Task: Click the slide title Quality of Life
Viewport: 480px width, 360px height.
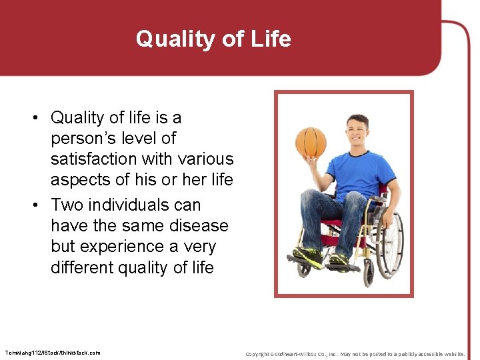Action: point(213,39)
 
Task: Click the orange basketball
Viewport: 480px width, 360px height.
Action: point(311,141)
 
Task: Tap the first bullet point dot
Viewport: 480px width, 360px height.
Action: point(41,118)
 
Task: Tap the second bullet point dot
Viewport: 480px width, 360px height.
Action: point(41,205)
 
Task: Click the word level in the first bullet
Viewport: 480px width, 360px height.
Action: point(140,139)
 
